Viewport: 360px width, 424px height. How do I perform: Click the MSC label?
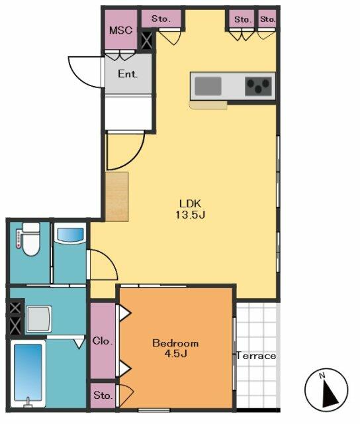(120, 30)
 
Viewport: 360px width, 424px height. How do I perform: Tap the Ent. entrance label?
(128, 74)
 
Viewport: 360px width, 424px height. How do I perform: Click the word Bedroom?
(175, 343)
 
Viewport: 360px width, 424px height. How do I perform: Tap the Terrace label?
(257, 356)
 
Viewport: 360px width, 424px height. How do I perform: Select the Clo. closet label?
(103, 342)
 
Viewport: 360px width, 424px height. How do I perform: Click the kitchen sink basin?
(208, 86)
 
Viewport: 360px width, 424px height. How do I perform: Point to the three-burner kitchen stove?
(259, 86)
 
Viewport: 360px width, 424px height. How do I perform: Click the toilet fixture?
(29, 240)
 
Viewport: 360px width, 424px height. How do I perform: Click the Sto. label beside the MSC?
(161, 19)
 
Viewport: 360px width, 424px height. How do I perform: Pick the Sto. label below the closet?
(103, 396)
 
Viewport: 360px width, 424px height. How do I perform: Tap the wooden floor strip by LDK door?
(116, 195)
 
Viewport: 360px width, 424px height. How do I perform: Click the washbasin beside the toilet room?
(69, 236)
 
